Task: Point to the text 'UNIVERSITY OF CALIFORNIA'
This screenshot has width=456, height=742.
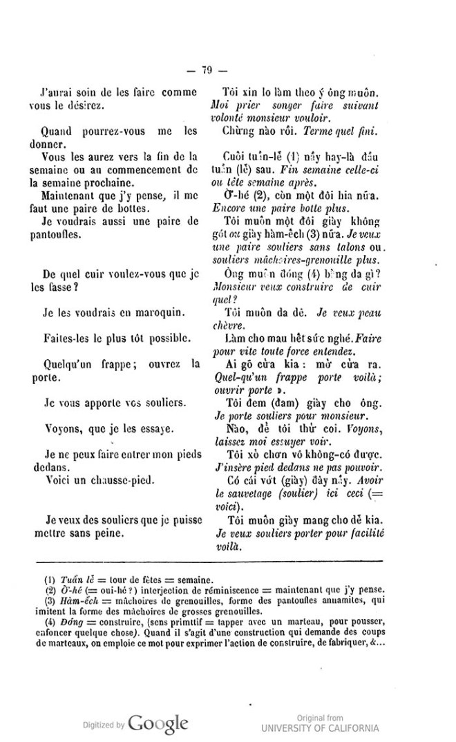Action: tap(320, 728)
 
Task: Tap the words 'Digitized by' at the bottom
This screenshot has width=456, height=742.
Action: tap(104, 725)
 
